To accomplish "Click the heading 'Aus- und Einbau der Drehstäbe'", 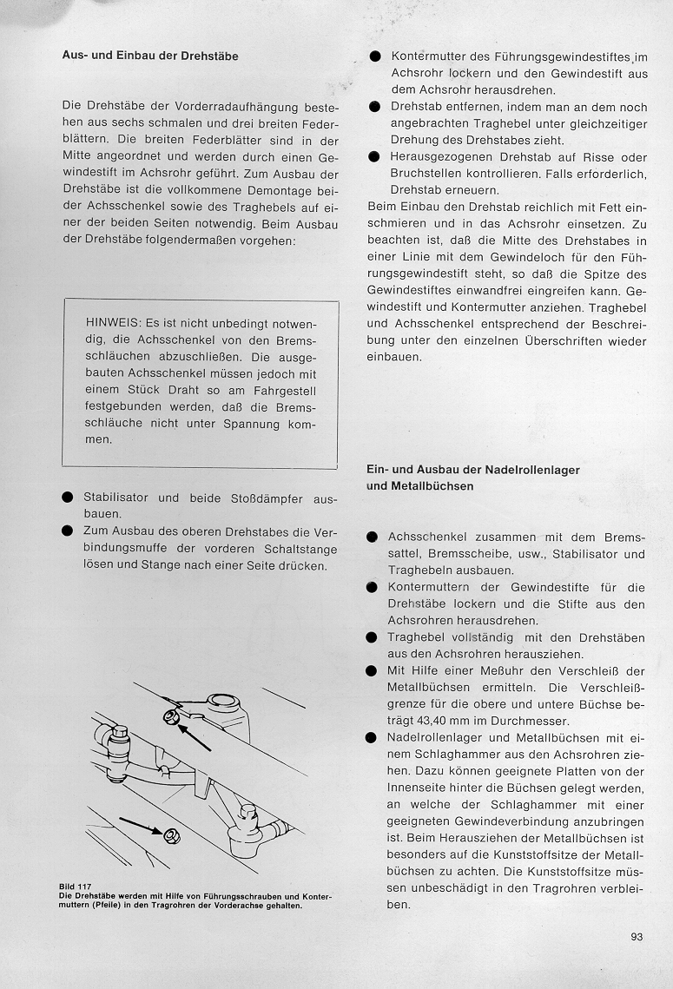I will [150, 56].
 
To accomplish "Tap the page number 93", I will [637, 936].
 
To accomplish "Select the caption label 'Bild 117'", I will [76, 887].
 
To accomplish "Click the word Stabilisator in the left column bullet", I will [115, 498].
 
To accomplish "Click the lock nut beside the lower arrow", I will [170, 837].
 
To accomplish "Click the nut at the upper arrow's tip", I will [170, 717].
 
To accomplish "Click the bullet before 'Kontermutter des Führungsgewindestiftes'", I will [374, 57].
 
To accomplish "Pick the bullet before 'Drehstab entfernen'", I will [374, 107].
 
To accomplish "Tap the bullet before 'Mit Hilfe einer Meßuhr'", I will [372, 671].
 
